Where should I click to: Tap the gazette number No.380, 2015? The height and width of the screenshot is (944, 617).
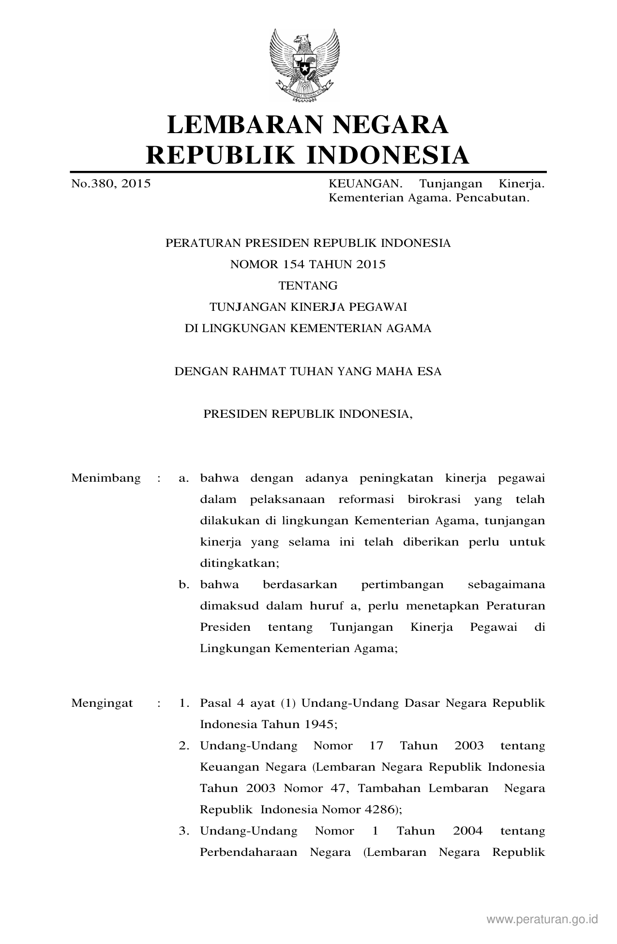(111, 184)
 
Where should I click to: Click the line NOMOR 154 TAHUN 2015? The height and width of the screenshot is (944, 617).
(308, 264)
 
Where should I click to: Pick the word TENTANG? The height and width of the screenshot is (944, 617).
(308, 286)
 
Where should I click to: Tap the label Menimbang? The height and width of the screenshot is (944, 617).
(106, 478)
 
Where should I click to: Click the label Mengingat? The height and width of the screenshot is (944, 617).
(102, 703)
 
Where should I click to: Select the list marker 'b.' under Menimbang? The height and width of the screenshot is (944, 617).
(184, 585)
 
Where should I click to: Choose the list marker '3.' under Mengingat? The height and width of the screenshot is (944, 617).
(184, 831)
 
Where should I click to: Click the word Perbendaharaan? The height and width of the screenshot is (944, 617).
(249, 853)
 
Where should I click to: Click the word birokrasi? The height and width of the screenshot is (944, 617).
(434, 500)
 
